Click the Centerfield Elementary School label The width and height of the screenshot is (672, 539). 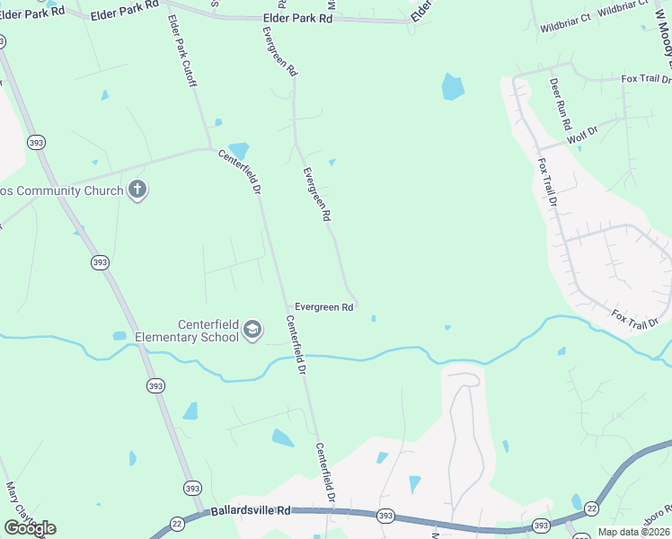coord(186,331)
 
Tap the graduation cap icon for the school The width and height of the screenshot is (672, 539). coord(252,331)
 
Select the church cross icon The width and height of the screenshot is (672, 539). coord(137,190)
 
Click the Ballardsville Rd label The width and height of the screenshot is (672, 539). coord(252,511)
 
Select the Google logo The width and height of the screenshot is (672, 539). coord(31,528)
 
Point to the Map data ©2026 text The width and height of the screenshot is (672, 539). coord(632,532)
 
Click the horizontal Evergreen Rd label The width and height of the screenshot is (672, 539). coord(323,307)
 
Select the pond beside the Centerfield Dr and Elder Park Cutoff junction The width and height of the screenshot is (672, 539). coord(238,150)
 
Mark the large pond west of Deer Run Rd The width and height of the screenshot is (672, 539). coord(453,87)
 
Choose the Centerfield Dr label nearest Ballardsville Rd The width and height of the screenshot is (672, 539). coord(324,473)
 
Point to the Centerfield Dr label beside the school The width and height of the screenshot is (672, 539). coord(296,345)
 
